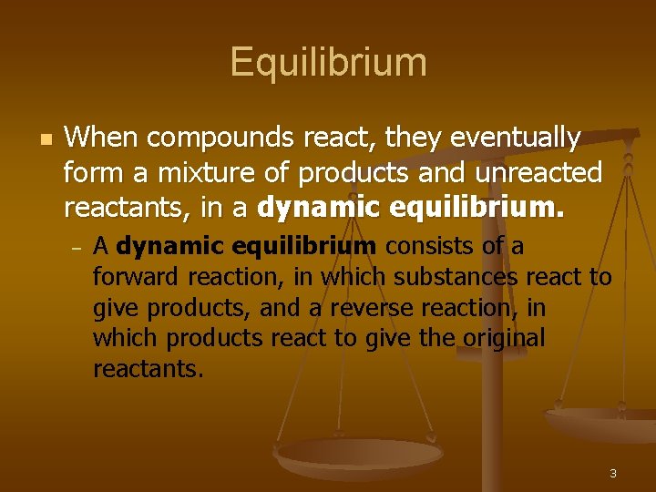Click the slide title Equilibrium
pos(328,62)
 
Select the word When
pos(101,138)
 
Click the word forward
pos(137,277)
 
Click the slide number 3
pos(613,473)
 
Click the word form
pos(88,172)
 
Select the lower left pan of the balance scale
pos(358,455)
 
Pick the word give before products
pos(116,308)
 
